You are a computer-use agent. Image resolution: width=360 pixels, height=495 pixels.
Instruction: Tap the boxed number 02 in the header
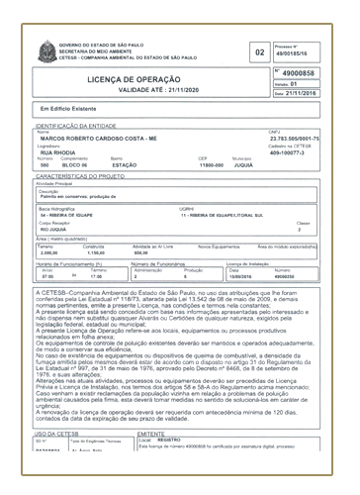click(260, 52)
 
